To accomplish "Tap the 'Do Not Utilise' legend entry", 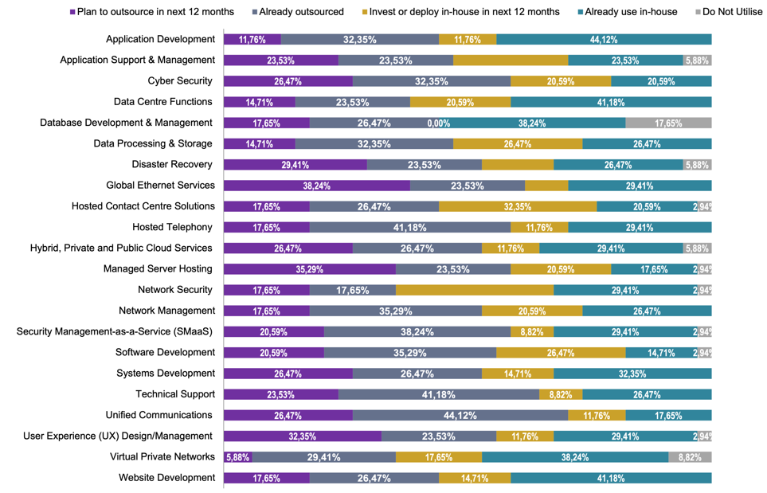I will (730, 12).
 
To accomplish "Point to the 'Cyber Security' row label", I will (180, 80).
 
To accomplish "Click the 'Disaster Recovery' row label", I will (172, 164).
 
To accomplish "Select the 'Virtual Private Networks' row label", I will (162, 456).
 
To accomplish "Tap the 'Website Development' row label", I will (166, 477).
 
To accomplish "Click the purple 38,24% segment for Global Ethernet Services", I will (317, 186).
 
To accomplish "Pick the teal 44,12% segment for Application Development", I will (604, 39).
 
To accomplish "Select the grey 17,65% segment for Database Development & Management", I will (668, 123).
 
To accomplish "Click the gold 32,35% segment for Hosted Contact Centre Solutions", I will (518, 206).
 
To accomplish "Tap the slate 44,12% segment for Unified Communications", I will (460, 415).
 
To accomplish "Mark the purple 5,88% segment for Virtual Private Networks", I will (238, 457).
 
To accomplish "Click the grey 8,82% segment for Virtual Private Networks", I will (690, 457).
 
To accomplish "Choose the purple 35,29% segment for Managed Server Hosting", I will (310, 269).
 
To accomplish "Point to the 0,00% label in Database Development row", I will (439, 123).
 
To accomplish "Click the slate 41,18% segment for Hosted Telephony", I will (410, 227).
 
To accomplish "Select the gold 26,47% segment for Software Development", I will (561, 352).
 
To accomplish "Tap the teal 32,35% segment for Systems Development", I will (632, 374).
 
